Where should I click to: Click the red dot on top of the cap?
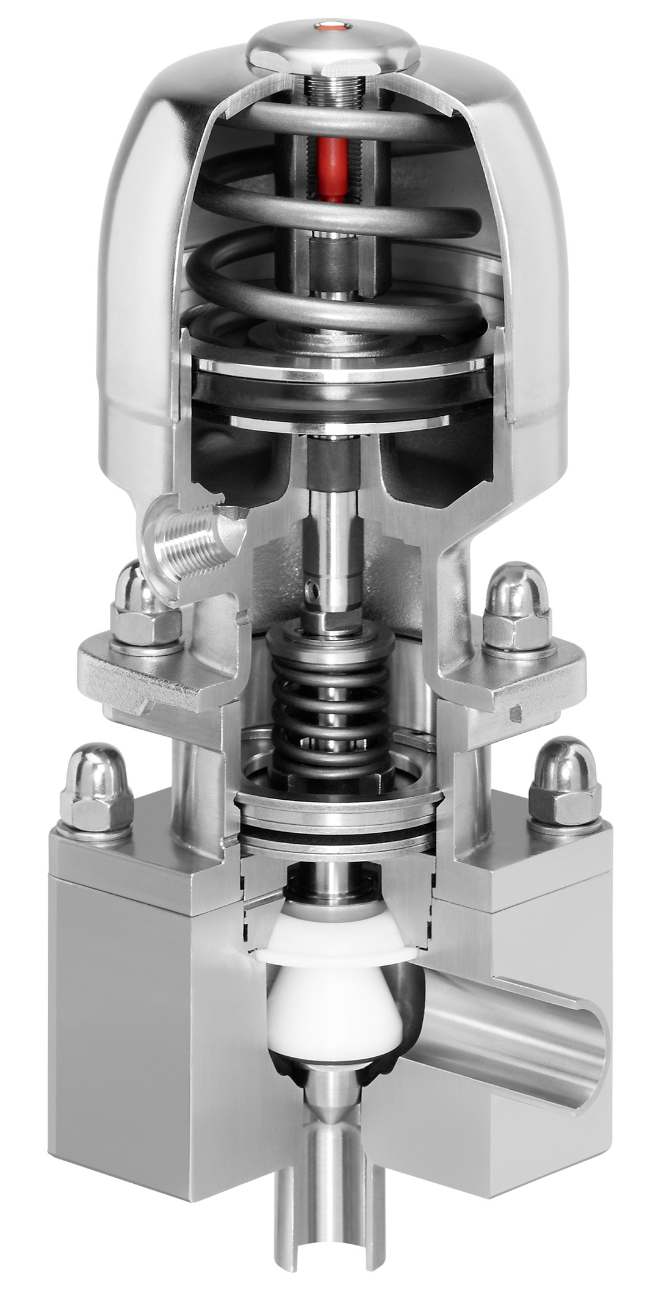tap(330, 26)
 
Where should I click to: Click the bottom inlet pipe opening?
tap(330, 1273)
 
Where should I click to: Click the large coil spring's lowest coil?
tap(330, 317)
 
